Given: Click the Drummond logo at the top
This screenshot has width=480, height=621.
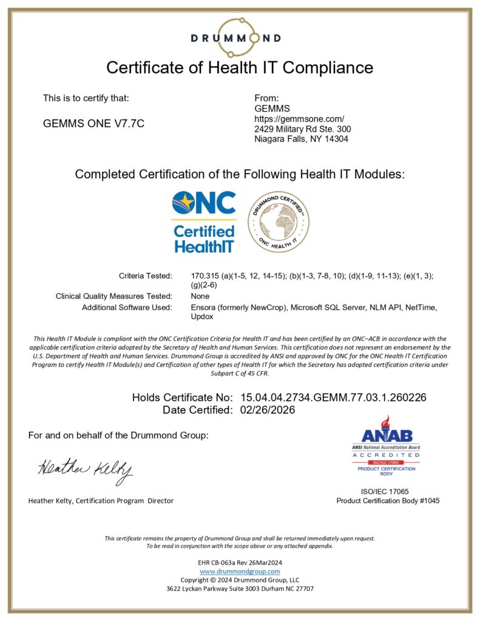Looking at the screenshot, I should tap(235, 37).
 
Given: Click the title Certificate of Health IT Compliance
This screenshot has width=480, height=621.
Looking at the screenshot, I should tap(240, 67).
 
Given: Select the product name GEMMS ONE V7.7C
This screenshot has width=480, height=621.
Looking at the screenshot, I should tap(93, 123).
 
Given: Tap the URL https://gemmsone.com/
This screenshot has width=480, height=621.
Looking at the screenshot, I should tap(299, 118).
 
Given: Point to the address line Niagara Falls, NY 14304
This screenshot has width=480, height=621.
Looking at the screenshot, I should tap(301, 139).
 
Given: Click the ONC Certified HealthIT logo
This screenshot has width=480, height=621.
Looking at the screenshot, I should tap(204, 222).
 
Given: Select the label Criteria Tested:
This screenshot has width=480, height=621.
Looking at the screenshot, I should tap(146, 276).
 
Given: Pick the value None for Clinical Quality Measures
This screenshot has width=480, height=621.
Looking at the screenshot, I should tap(200, 296).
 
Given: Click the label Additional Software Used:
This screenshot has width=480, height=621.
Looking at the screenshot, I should tap(127, 307).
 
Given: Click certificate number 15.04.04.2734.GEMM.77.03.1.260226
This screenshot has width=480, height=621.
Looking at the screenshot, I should tap(333, 398).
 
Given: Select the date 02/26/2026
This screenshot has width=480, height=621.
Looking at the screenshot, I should tap(268, 410).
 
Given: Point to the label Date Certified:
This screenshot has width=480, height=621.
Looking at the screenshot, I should tap(197, 410).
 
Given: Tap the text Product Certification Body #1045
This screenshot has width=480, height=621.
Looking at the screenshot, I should tap(388, 501).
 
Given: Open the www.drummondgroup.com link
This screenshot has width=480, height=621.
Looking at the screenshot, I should tap(240, 571).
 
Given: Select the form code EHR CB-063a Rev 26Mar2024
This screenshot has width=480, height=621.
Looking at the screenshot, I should tap(240, 563).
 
